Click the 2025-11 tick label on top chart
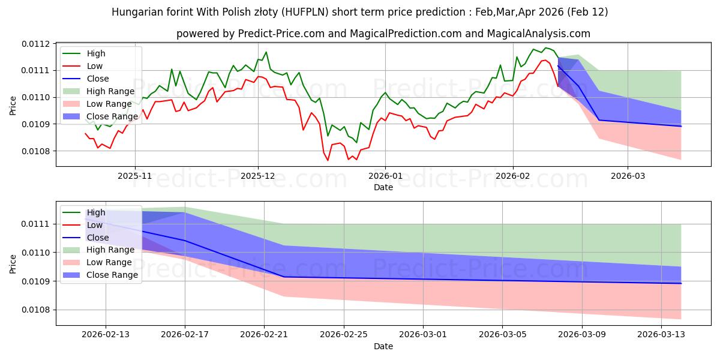(x=135, y=177)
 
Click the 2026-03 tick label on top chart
(x=628, y=177)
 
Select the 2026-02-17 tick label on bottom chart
(x=185, y=334)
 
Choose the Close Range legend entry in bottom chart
(x=112, y=275)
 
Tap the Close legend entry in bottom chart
(x=98, y=238)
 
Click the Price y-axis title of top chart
(x=13, y=105)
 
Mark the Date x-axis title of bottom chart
(x=383, y=346)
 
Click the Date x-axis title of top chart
(x=383, y=187)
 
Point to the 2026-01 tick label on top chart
(x=385, y=177)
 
